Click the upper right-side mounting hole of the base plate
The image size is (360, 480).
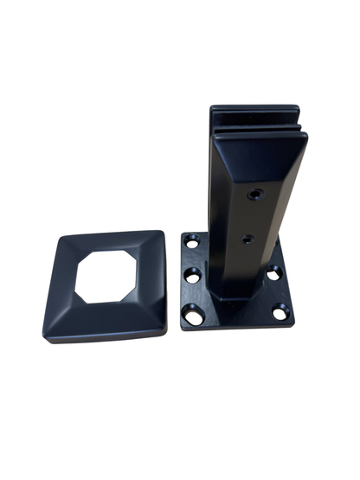point(274,273)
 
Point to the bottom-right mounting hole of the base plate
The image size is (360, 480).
point(280,313)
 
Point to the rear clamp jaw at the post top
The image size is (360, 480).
point(255,112)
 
